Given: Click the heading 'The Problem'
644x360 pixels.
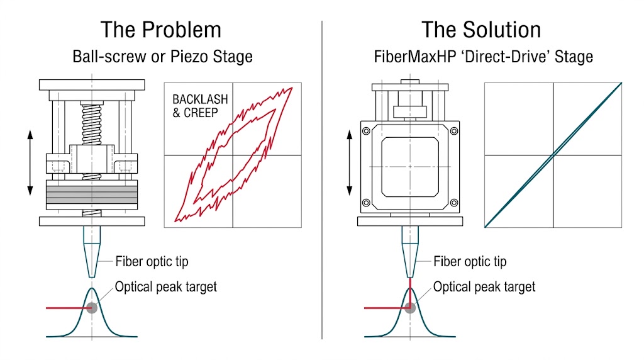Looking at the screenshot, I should [161, 30].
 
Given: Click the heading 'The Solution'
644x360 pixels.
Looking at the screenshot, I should [481, 30].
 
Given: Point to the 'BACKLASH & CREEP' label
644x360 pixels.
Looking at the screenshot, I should [200, 106].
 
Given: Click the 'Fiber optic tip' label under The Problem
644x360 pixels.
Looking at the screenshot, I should [152, 261].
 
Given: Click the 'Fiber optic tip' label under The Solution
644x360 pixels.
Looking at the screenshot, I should [470, 261].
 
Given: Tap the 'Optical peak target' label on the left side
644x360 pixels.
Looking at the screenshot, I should [165, 287].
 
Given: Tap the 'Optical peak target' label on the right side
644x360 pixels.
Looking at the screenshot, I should [484, 287].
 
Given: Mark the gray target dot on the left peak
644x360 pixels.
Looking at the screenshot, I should [92, 308].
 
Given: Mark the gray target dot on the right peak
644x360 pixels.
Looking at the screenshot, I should [410, 308].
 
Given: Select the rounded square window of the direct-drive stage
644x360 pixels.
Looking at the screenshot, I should [410, 165].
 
